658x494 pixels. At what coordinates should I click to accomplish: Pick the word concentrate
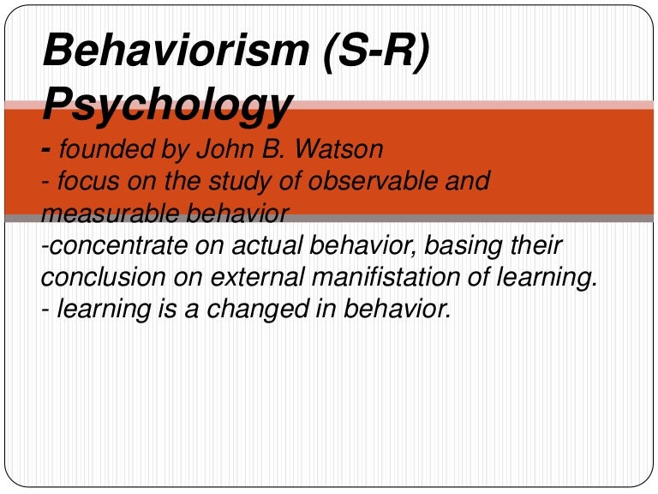116,246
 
